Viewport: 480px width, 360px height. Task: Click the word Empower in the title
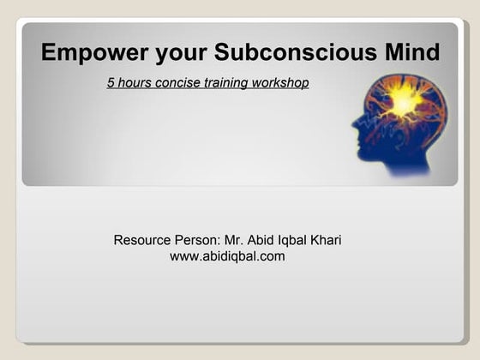pyautogui.click(x=95, y=53)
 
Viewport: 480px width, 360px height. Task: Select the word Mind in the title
pyautogui.click(x=411, y=53)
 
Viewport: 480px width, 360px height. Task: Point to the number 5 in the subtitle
pyautogui.click(x=111, y=84)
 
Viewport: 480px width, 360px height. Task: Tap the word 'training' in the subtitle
pyautogui.click(x=225, y=84)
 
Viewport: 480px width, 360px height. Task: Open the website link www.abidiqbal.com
pyautogui.click(x=227, y=256)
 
